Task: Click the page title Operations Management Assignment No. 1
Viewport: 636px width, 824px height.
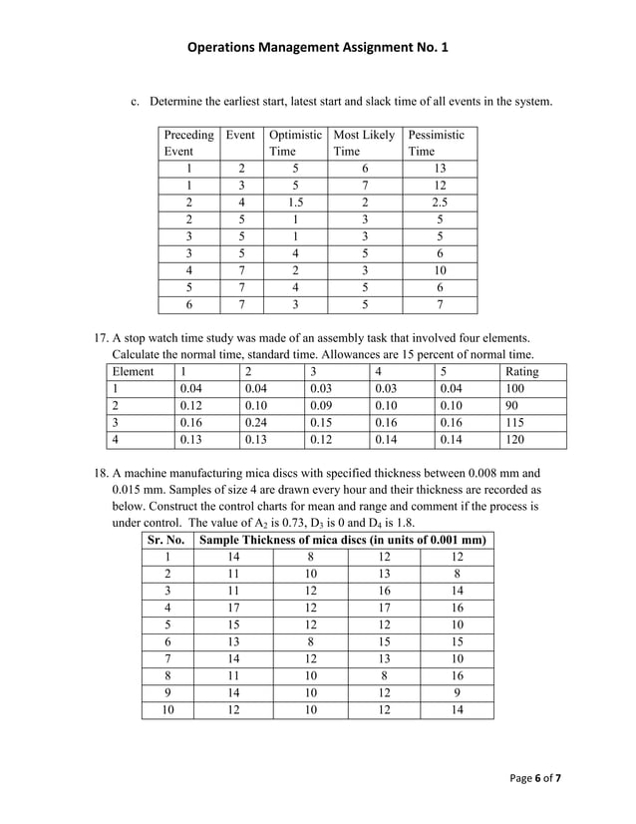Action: (318, 46)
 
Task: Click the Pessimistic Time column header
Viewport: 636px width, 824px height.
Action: (436, 143)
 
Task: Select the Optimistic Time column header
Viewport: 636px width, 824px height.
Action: (295, 143)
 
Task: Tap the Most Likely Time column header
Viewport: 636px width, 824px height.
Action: (364, 143)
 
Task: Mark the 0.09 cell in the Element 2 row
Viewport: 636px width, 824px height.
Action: (321, 406)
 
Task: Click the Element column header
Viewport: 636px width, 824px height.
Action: (133, 372)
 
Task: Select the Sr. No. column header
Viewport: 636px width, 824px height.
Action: (166, 540)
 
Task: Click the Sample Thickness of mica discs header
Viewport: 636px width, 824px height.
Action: (343, 540)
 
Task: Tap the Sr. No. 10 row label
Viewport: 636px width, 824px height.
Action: (166, 709)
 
